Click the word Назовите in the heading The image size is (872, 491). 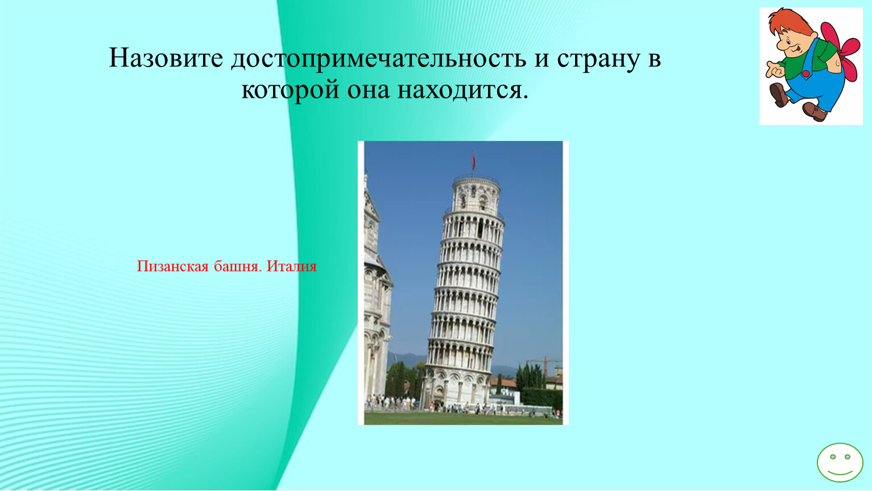point(166,57)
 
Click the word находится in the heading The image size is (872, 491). point(463,89)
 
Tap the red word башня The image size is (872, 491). point(237,266)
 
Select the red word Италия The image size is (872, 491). point(292,266)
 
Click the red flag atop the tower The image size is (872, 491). point(473,160)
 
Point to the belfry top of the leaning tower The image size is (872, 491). point(476,193)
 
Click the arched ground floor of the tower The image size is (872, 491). point(456,386)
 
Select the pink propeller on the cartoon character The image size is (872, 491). point(842,51)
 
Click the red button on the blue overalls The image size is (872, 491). point(805,73)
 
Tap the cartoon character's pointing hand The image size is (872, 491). point(775,70)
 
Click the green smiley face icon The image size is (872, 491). point(840,463)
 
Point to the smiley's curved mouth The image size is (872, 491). point(840,473)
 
